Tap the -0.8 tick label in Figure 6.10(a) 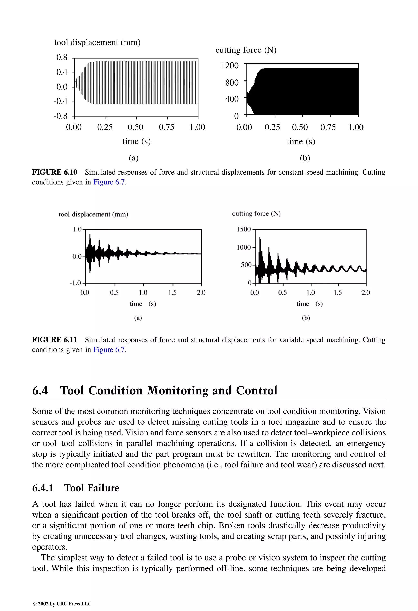click(x=60, y=116)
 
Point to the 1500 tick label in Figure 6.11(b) click(x=243, y=229)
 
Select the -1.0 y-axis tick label click(x=75, y=283)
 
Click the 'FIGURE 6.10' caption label click(x=55, y=172)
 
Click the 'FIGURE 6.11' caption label click(x=55, y=340)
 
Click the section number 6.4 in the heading click(x=40, y=390)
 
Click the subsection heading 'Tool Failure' click(x=91, y=488)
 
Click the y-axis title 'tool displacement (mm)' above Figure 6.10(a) click(x=97, y=42)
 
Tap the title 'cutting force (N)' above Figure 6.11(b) click(x=256, y=214)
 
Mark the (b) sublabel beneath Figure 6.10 click(x=305, y=158)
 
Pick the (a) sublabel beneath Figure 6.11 click(x=138, y=318)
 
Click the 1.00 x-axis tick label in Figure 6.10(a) click(x=197, y=127)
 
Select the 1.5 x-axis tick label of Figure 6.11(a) click(x=172, y=293)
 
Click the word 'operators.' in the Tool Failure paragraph click(x=49, y=547)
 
